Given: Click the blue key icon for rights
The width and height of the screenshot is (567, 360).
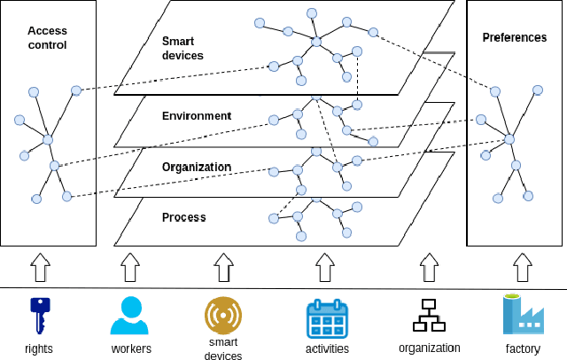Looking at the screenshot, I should tap(39, 316).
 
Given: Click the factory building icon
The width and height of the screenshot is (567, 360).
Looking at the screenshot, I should tap(523, 315).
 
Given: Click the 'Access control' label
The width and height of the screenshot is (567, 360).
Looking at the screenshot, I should tap(47, 37).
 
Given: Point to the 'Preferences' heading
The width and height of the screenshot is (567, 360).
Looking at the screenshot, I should tap(514, 37).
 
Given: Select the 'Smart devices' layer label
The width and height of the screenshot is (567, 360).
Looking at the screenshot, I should tap(183, 48).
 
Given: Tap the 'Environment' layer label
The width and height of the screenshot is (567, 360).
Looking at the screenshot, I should tap(197, 115).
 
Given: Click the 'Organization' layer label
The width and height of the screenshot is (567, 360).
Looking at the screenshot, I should tap(197, 167).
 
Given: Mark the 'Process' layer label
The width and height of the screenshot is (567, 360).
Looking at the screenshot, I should tap(184, 217).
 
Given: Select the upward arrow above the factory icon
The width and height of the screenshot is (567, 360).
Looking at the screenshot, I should tap(523, 266).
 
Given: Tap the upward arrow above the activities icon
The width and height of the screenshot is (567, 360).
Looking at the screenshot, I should tap(325, 266).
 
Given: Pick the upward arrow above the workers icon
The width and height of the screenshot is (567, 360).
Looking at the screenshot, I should tap(130, 266).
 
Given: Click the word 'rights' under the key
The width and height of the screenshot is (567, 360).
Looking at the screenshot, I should tap(39, 348).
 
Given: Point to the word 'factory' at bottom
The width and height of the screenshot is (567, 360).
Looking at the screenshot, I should tap(523, 348).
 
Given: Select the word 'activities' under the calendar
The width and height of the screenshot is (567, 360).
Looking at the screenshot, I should tap(327, 348).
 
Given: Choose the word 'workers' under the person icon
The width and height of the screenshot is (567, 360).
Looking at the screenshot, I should tap(131, 348).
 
